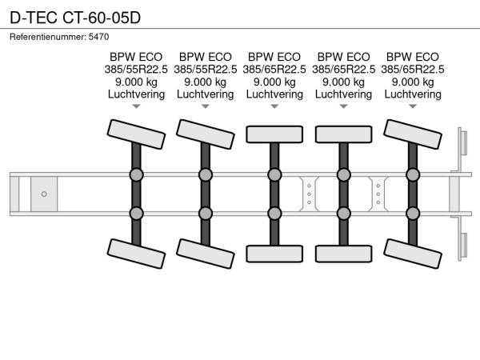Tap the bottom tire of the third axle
(274, 254)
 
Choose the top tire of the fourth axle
(343, 134)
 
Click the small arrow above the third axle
(274, 106)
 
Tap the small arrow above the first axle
(136, 106)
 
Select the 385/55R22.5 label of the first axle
(136, 70)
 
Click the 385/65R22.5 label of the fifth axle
(413, 70)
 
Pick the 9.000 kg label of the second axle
(205, 82)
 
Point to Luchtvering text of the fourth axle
(343, 94)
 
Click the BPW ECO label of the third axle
(274, 57)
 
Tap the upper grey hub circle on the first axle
(136, 174)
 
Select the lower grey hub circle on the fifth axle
(413, 212)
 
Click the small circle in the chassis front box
(44, 194)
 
